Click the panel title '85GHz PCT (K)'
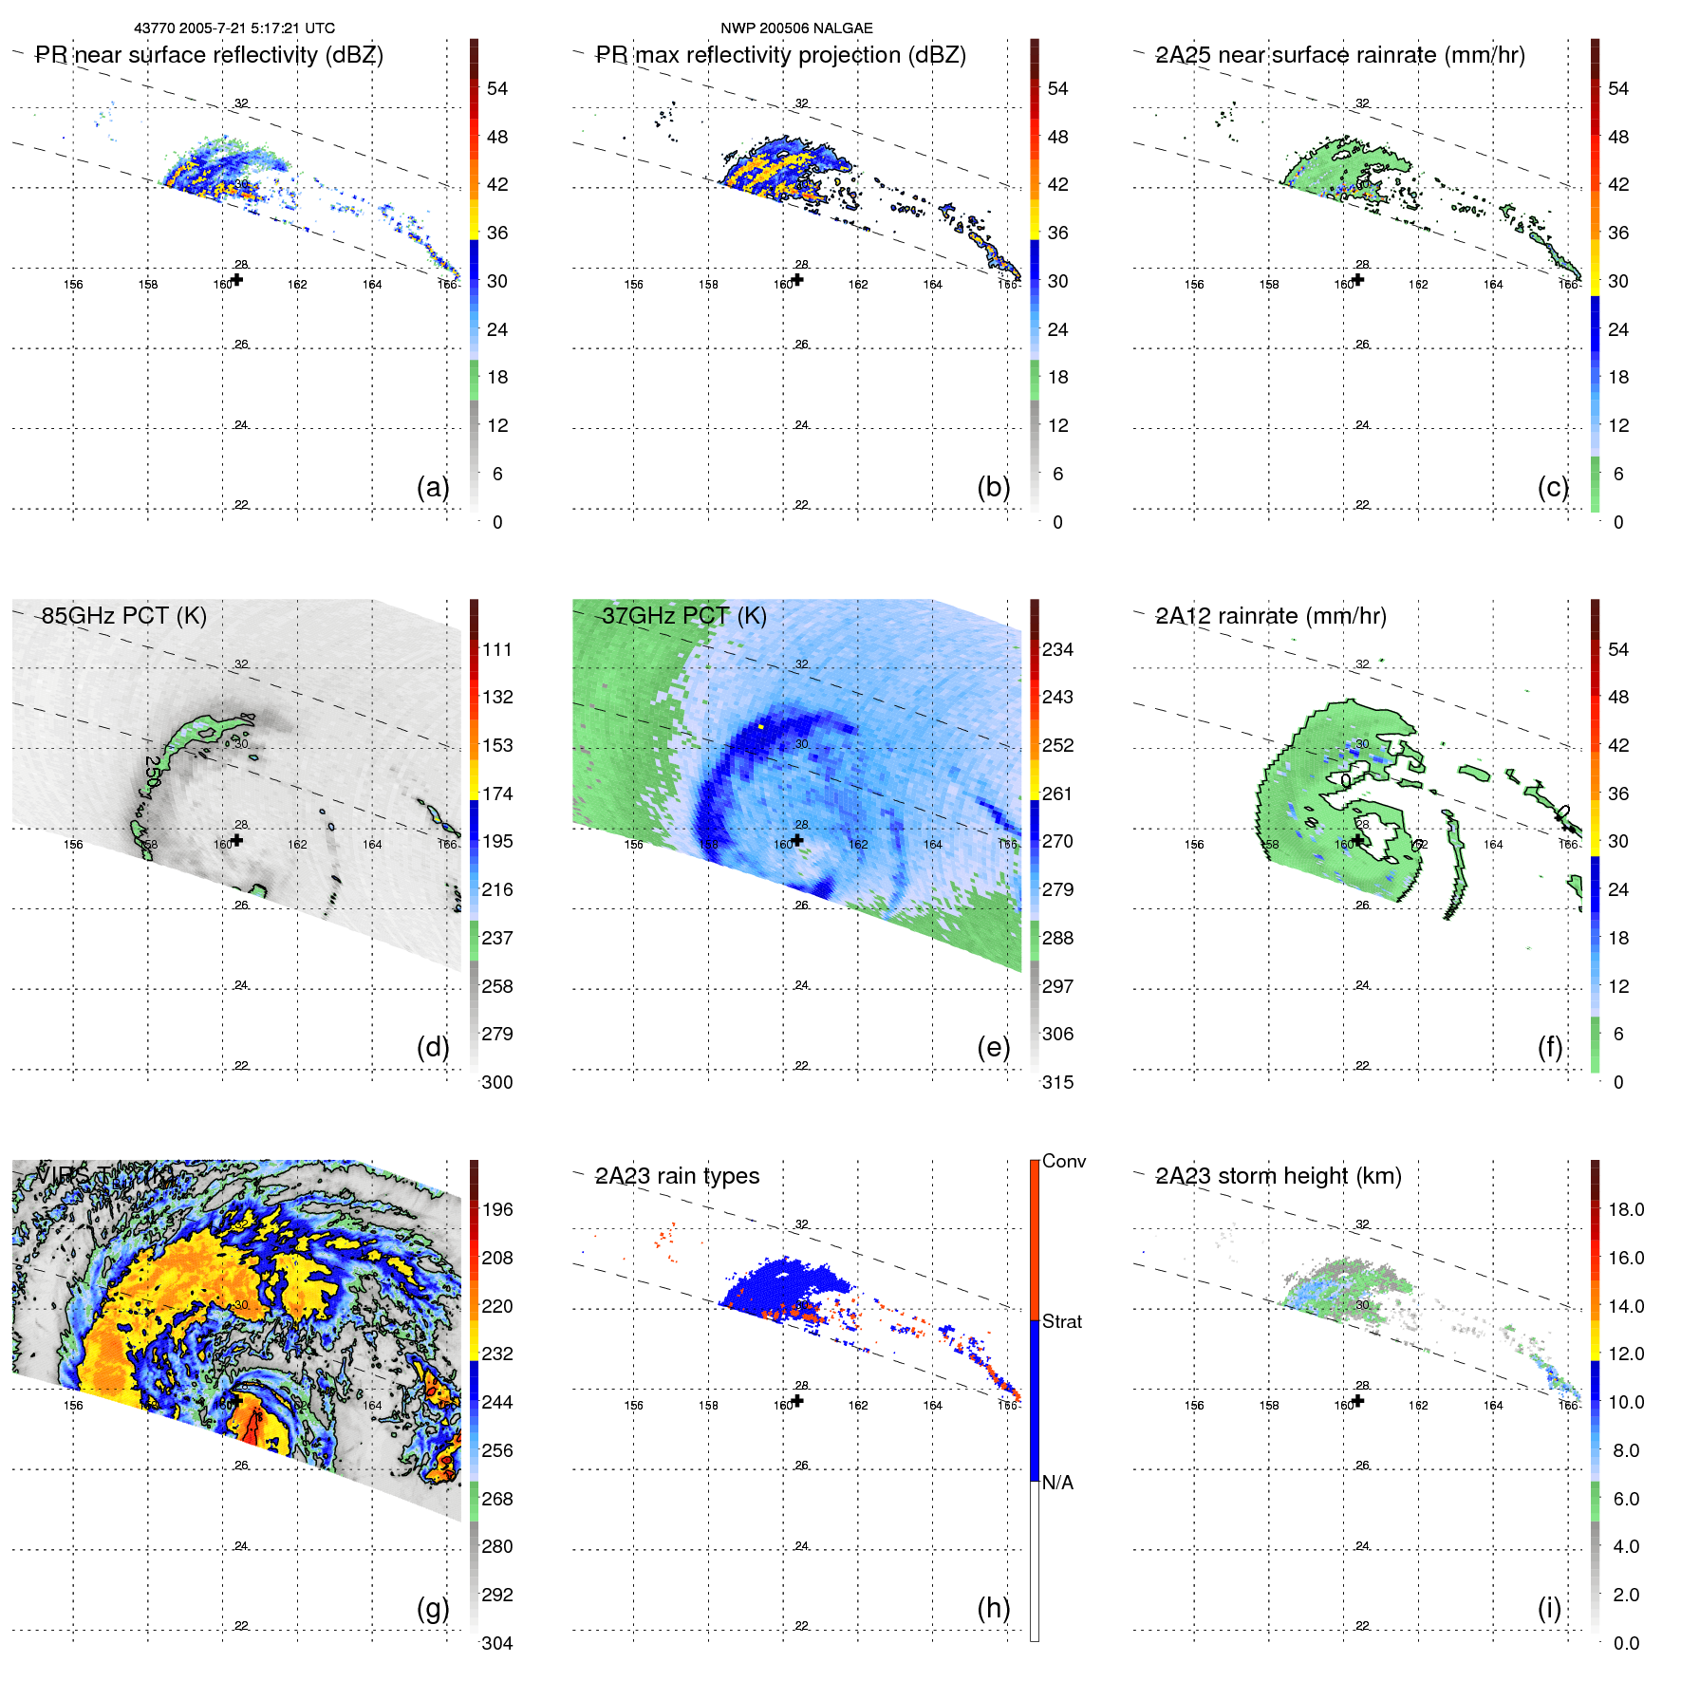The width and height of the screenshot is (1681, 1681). click(123, 616)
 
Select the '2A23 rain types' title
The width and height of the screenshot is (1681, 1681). click(677, 1176)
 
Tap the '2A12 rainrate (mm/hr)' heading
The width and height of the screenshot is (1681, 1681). click(1270, 616)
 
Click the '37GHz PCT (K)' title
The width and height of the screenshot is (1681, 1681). click(683, 616)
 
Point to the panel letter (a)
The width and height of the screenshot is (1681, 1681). click(433, 487)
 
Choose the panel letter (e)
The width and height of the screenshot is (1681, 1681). click(993, 1047)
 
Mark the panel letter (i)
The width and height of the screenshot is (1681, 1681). click(1549, 1608)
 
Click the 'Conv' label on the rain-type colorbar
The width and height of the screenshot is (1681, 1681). click(1063, 1161)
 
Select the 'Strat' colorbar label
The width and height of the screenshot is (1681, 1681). click(1061, 1321)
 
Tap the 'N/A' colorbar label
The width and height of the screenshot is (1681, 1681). click(1057, 1483)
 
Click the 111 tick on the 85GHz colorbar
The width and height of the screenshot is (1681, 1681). click(497, 649)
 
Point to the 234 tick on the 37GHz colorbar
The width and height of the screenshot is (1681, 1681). click(1057, 649)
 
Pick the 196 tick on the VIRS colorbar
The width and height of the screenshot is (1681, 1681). click(497, 1209)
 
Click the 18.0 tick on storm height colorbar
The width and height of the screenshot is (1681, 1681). click(1626, 1209)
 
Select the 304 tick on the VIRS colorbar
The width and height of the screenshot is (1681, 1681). click(497, 1643)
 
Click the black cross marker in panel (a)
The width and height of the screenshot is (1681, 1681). click(237, 279)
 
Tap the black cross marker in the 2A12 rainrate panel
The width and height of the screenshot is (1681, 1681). click(1358, 840)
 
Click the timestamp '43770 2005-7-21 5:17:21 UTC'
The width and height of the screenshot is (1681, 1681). click(234, 28)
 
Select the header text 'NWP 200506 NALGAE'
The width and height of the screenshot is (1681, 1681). click(796, 28)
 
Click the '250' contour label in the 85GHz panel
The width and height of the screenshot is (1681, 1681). click(153, 771)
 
